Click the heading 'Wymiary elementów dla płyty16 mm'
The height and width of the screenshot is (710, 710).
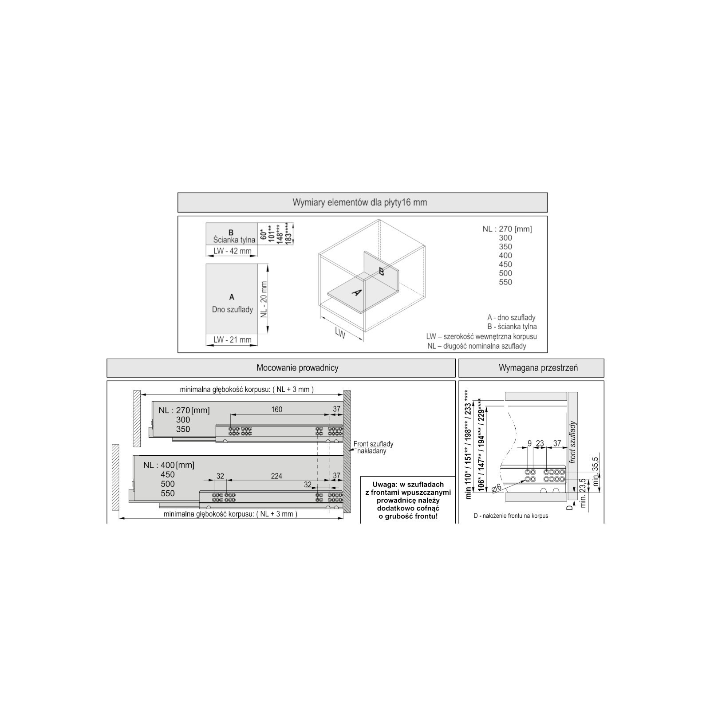tap(359, 202)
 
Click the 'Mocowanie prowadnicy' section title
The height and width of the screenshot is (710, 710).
tap(297, 368)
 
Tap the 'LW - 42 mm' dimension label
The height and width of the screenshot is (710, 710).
tap(232, 251)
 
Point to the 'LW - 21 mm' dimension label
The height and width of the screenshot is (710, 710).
tap(232, 340)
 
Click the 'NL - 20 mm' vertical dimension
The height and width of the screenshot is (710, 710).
tap(264, 300)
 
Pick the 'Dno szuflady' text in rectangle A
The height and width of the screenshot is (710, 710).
tap(232, 309)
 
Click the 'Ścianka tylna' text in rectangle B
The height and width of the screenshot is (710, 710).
tap(234, 240)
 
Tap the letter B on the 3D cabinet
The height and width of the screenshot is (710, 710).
tap(381, 272)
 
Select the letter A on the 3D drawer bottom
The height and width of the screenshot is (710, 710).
tap(357, 292)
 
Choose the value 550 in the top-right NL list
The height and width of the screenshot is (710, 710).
tap(505, 282)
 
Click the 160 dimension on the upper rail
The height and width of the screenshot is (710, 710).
tap(276, 410)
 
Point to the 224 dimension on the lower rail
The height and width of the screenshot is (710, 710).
tap(276, 476)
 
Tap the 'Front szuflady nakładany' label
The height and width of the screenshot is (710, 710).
tap(373, 447)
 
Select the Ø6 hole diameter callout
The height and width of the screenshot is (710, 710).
tap(497, 487)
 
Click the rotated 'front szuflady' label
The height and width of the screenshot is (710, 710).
tap(573, 442)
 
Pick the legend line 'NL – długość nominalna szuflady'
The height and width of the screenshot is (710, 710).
tap(477, 346)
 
